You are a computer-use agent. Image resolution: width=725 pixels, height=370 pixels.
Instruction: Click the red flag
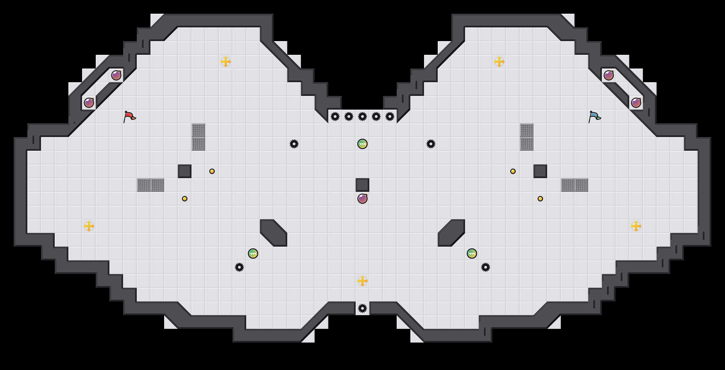click(x=129, y=117)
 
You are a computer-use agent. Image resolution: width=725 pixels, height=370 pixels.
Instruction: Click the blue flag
click(x=594, y=117)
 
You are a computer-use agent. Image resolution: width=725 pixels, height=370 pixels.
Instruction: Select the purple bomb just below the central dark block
click(x=362, y=199)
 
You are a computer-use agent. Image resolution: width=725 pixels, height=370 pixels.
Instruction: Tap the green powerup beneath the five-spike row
click(x=362, y=144)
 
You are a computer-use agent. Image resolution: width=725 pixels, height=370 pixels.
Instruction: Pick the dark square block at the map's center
click(x=362, y=185)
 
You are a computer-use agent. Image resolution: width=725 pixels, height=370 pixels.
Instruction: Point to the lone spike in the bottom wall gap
click(x=362, y=308)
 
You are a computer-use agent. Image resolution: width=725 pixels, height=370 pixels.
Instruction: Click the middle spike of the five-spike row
click(x=362, y=116)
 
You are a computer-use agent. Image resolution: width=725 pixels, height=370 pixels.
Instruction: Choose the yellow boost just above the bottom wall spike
click(x=362, y=281)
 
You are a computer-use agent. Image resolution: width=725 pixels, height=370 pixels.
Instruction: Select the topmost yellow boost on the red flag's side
click(x=226, y=62)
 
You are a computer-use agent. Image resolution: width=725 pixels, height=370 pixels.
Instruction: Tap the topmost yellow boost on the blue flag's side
click(x=499, y=62)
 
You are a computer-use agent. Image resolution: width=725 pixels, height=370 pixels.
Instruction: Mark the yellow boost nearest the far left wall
click(x=89, y=226)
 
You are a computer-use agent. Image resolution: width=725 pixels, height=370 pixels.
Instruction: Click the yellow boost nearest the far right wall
click(x=636, y=226)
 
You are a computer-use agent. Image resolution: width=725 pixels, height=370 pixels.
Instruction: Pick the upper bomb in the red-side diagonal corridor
click(x=116, y=75)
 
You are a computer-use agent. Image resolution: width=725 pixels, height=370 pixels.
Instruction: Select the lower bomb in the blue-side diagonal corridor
click(x=636, y=103)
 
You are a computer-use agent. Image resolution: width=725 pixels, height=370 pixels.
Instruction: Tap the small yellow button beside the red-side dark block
click(x=212, y=171)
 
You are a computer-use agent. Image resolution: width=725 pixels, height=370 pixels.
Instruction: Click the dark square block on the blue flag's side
click(x=540, y=171)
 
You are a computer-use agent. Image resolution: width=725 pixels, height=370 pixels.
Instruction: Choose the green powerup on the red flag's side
click(x=253, y=254)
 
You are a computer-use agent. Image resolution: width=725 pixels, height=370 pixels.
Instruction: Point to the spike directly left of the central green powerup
click(x=294, y=144)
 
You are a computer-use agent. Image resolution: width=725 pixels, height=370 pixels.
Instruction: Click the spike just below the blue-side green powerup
click(x=486, y=267)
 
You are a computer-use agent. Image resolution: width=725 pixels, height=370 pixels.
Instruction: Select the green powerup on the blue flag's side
click(x=472, y=254)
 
